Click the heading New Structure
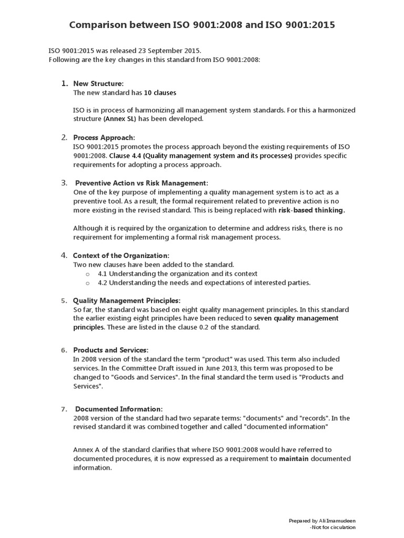coord(98,84)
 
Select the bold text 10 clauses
coord(160,92)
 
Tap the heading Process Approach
coord(104,138)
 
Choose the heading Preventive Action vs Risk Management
coord(142,183)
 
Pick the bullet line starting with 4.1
coord(177,274)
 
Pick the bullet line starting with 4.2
coord(204,283)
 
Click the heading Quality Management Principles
coord(126,301)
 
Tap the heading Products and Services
coord(110,350)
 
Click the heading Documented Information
coord(119,409)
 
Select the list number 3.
coord(64,183)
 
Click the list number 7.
coord(64,409)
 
